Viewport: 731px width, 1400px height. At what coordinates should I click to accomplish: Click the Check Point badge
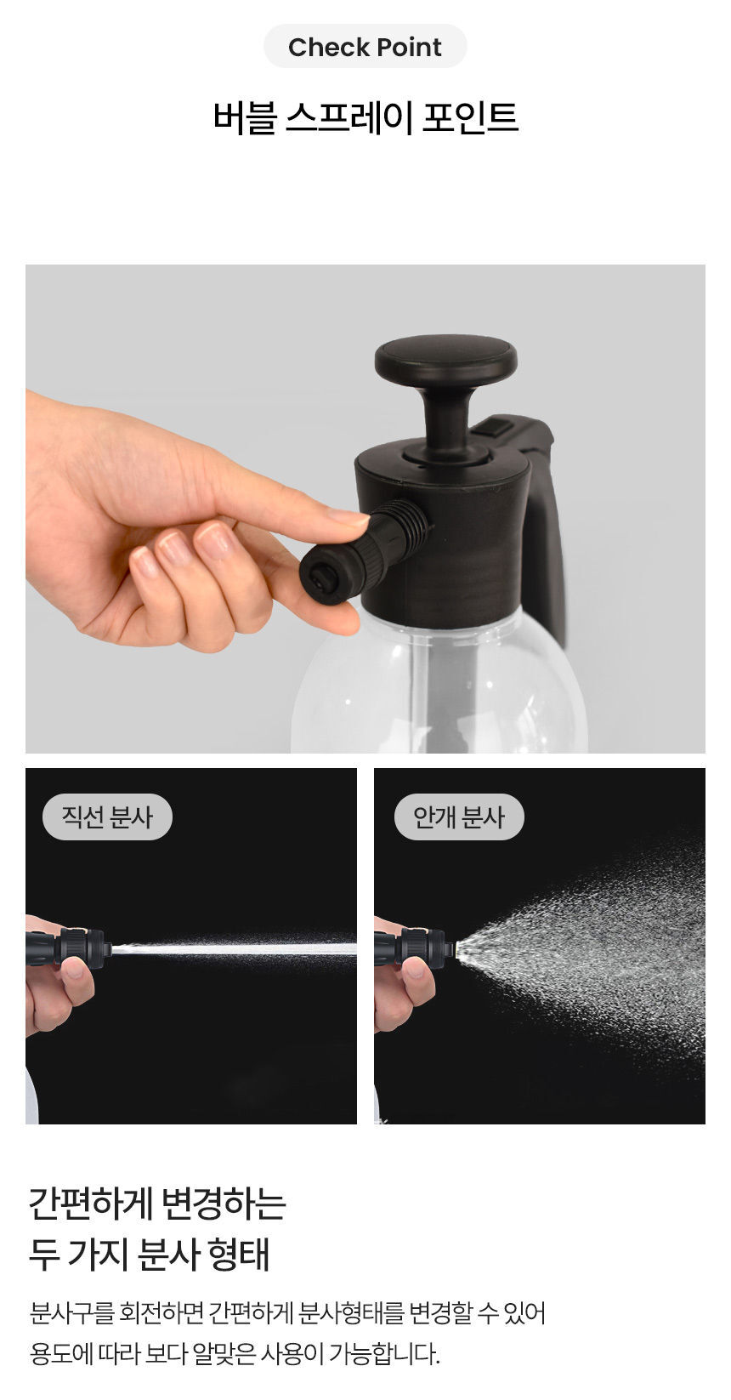pyautogui.click(x=365, y=46)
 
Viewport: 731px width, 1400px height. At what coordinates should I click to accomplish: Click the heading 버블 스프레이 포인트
pyautogui.click(x=365, y=117)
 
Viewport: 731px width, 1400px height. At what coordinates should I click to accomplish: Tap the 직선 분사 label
pyautogui.click(x=107, y=817)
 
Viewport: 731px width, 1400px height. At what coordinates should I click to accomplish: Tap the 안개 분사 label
pyautogui.click(x=459, y=817)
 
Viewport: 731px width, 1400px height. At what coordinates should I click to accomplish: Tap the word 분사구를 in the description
pyautogui.click(x=71, y=1312)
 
